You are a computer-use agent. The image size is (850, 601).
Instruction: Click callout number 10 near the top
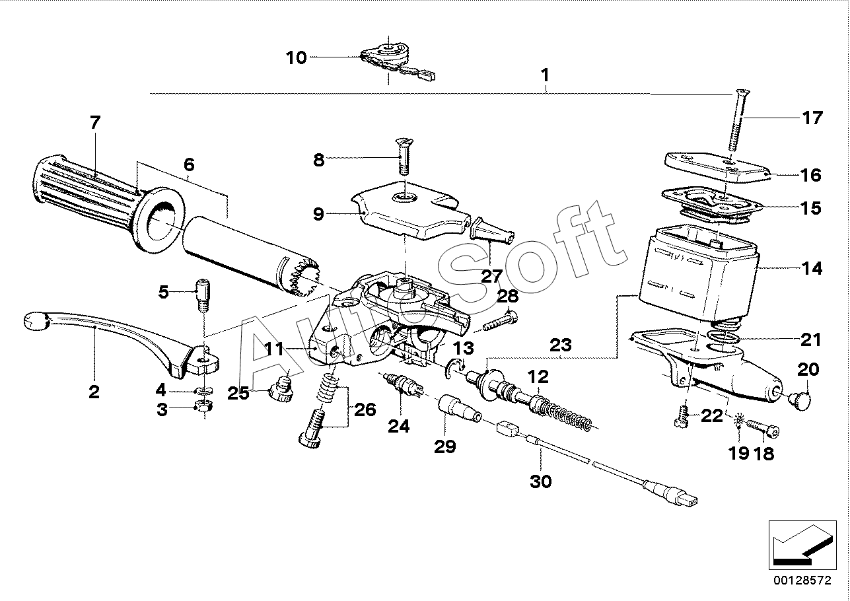297,58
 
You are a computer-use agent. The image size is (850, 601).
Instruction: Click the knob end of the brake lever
37,322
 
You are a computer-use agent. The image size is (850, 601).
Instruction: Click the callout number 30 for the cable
540,481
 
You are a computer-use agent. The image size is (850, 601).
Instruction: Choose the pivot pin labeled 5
202,297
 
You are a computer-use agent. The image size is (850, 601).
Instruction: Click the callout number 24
398,427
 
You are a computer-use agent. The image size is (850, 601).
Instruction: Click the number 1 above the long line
545,75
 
